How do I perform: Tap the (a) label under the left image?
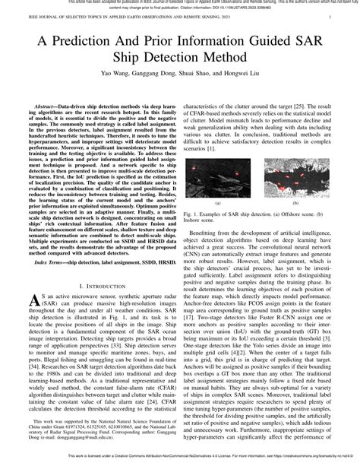[x=228, y=204]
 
